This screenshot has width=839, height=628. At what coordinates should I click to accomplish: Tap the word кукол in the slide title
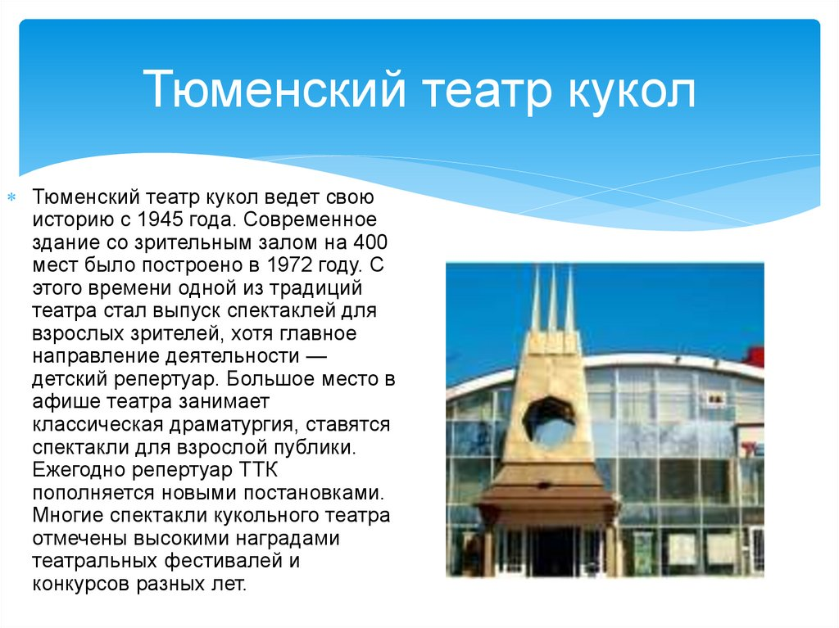[x=632, y=89]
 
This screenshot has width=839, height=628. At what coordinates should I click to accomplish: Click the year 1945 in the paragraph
[x=160, y=220]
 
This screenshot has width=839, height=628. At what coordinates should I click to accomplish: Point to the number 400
[x=370, y=242]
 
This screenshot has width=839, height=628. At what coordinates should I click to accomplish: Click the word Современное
[x=311, y=220]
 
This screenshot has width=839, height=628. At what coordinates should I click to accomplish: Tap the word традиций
[x=315, y=288]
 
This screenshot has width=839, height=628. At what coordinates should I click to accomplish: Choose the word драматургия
[x=230, y=425]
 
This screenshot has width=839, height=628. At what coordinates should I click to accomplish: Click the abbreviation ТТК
[x=258, y=471]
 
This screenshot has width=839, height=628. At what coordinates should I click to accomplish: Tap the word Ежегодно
[x=79, y=471]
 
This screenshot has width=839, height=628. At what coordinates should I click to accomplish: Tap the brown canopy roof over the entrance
[x=546, y=493]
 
